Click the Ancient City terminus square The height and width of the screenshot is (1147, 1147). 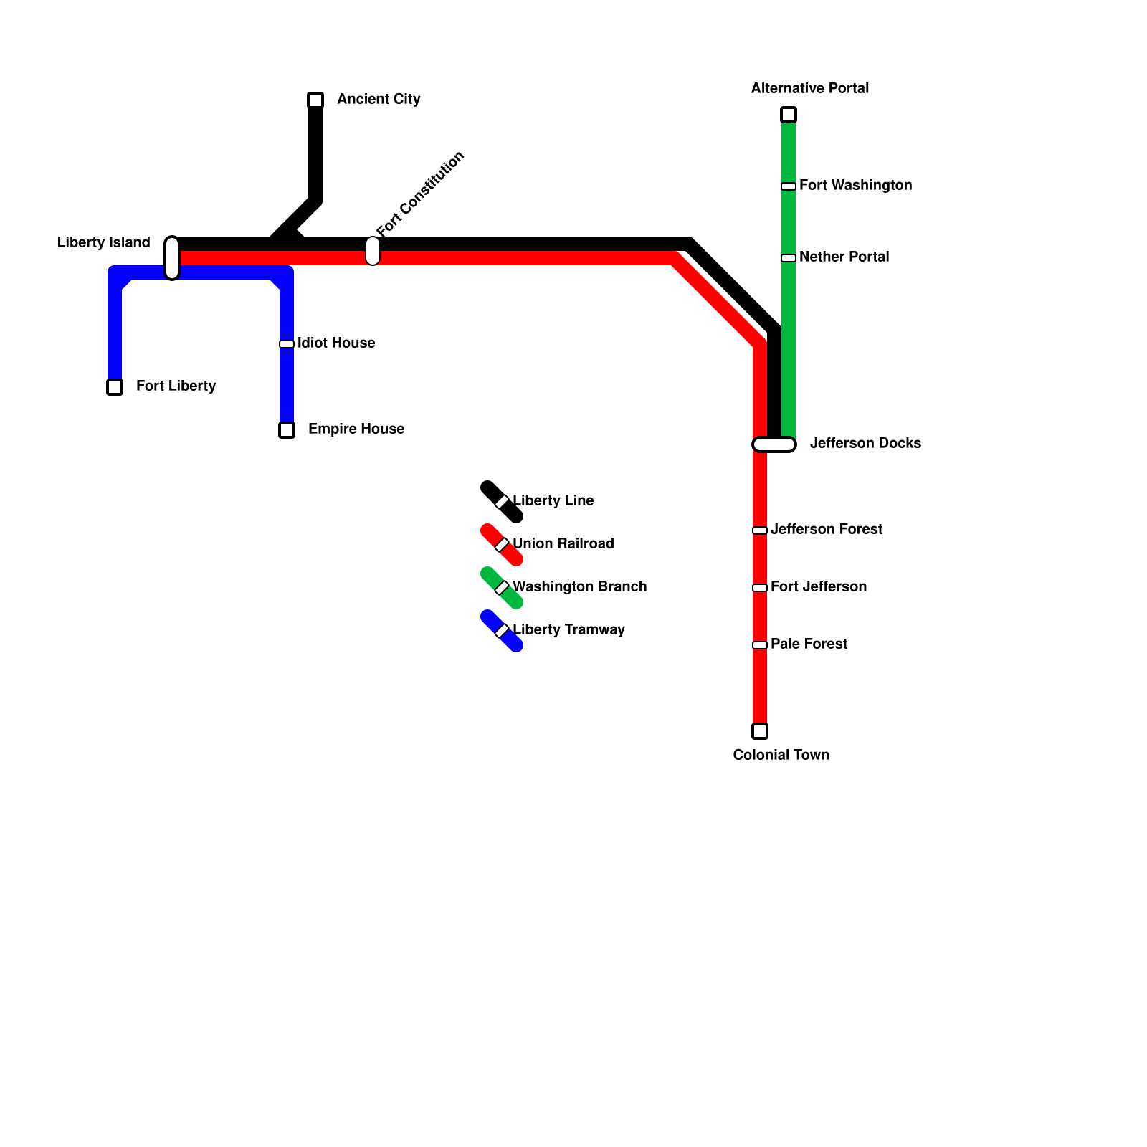tap(315, 100)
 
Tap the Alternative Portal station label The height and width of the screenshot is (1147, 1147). tap(809, 88)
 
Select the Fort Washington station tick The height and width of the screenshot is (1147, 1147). tap(789, 186)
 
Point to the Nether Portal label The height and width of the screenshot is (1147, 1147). tap(844, 257)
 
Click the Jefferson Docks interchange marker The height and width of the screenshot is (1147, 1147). tap(774, 444)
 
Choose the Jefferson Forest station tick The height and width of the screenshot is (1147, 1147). tap(760, 530)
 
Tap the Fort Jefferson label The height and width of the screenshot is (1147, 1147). tap(818, 586)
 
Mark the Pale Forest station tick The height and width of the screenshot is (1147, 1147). tap(760, 645)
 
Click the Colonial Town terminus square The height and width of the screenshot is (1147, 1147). tap(760, 731)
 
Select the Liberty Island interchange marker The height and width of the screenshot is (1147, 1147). tap(172, 258)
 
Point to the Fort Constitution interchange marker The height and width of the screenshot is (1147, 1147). tap(373, 251)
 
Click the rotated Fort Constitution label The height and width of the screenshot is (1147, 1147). tap(421, 194)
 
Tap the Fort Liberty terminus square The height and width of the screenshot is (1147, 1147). tap(115, 387)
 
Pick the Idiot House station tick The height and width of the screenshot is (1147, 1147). tap(287, 344)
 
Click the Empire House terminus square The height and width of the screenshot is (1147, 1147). tap(287, 430)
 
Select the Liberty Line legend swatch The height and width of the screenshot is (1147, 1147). tap(501, 502)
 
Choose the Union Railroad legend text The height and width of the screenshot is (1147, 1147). tap(563, 543)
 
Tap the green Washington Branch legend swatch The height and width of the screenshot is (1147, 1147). tap(501, 588)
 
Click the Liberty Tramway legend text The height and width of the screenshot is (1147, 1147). tap(568, 629)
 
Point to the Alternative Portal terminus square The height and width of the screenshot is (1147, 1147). tap(789, 115)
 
